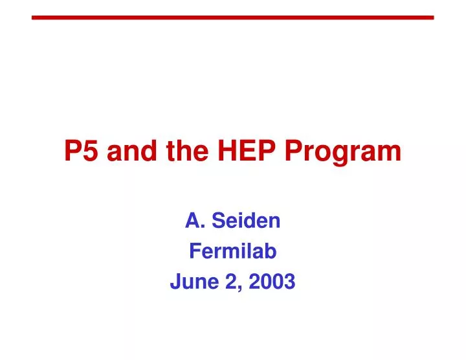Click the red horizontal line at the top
coord(232,17)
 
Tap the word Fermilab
coord(232,252)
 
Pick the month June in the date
coord(190,282)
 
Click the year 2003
coord(274,282)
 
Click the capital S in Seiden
coord(218,221)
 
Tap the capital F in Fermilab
coord(194,252)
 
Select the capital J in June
coord(175,282)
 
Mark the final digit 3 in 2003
coord(289,282)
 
